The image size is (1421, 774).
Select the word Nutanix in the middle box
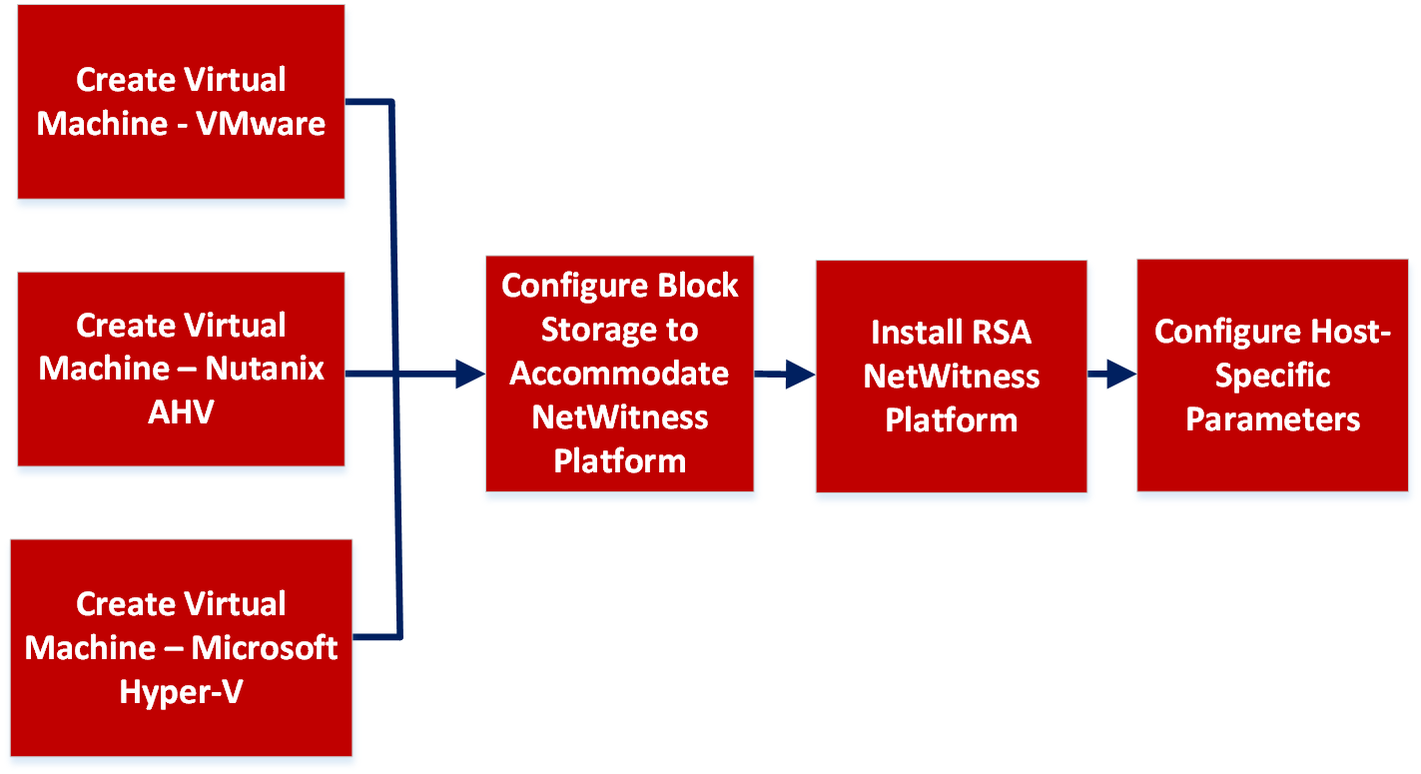pos(265,369)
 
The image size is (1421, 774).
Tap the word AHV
pos(181,411)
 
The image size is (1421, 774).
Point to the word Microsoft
pos(265,648)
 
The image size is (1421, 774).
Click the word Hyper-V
pos(181,691)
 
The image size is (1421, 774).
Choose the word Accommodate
pos(619,374)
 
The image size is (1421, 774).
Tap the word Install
pos(917,332)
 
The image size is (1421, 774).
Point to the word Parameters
pos(1272,419)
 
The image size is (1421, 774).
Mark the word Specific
pos(1272,376)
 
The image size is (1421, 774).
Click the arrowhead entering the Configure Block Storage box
pos(470,375)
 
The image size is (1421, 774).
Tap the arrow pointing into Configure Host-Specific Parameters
pos(1112,376)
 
